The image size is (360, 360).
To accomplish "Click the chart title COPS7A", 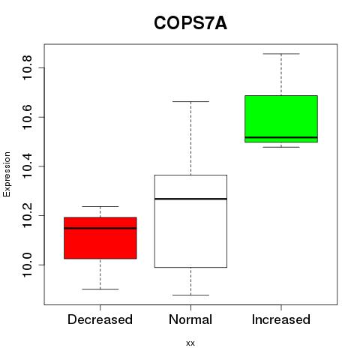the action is pyautogui.click(x=190, y=23).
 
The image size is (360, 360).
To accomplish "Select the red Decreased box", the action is pyautogui.click(x=100, y=238).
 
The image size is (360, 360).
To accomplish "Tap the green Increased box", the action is pyautogui.click(x=281, y=118).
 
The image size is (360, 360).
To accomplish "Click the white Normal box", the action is pyautogui.click(x=190, y=221).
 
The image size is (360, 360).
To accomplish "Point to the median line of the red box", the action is pyautogui.click(x=100, y=228).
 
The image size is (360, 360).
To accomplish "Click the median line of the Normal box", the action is pyautogui.click(x=190, y=199).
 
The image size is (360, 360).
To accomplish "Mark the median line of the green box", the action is pyautogui.click(x=281, y=137).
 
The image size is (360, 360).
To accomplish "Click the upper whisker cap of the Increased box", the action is pyautogui.click(x=281, y=54).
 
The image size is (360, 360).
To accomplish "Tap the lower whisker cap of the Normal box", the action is pyautogui.click(x=190, y=295).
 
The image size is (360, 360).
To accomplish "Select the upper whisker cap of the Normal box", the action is pyautogui.click(x=190, y=101).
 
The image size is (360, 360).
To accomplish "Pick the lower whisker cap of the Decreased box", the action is pyautogui.click(x=100, y=289).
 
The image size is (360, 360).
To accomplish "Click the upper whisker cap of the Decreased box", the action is pyautogui.click(x=100, y=206).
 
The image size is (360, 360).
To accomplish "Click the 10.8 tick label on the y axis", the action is pyautogui.click(x=27, y=67).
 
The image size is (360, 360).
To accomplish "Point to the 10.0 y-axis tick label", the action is pyautogui.click(x=27, y=265).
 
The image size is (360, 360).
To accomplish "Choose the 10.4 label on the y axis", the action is pyautogui.click(x=27, y=166).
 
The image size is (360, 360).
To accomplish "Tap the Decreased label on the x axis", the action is pyautogui.click(x=100, y=319).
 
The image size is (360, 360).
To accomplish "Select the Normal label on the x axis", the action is pyautogui.click(x=190, y=319).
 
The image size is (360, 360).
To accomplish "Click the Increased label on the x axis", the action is pyautogui.click(x=281, y=319).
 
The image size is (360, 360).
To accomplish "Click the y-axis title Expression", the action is pyautogui.click(x=7, y=174).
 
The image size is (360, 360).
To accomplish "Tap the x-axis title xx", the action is pyautogui.click(x=190, y=343).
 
